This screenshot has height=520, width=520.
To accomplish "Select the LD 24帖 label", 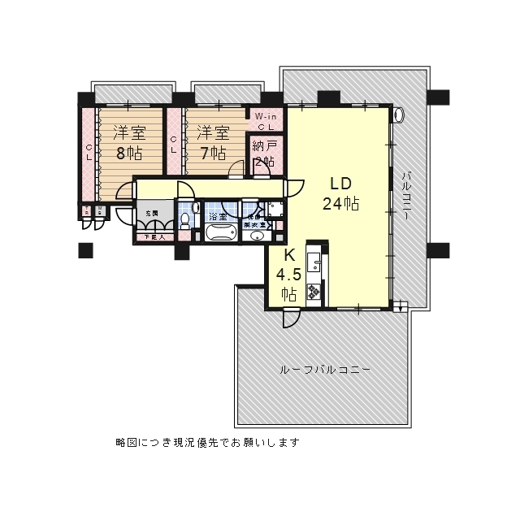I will [340, 193].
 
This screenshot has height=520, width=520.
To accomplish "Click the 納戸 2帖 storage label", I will [263, 153].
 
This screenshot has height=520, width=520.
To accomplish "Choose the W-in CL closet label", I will [266, 121].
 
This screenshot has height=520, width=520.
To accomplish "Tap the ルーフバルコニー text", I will [324, 370].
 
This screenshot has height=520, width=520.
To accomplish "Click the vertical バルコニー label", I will [406, 199].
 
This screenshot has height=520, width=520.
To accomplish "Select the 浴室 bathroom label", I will [218, 217].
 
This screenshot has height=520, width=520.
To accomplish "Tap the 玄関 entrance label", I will [152, 213].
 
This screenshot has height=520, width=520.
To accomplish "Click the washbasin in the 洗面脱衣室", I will [258, 236].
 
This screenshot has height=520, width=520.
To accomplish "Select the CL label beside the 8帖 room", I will [89, 152].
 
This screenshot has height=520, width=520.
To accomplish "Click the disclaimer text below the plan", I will [208, 443].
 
